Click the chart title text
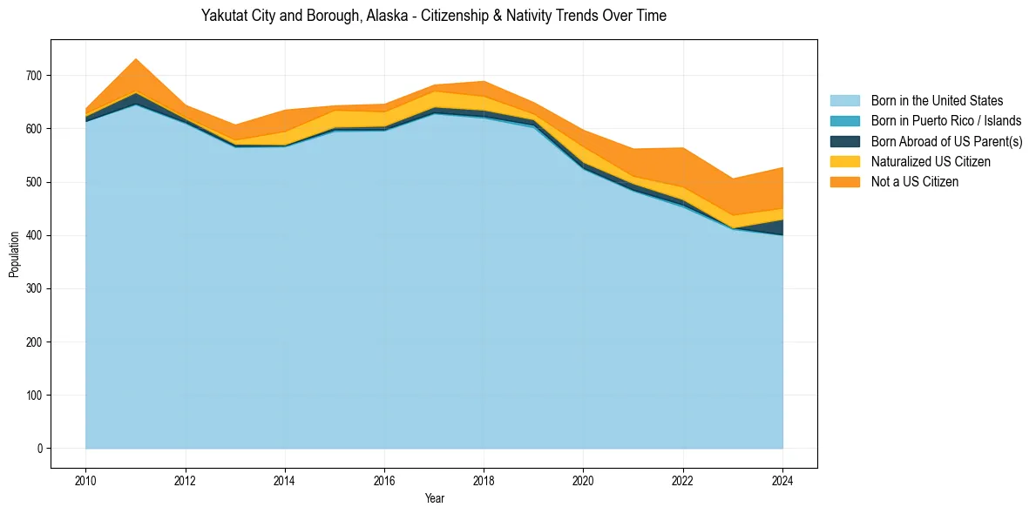click(x=433, y=16)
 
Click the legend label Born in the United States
click(x=937, y=101)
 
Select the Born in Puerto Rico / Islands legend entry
click(x=945, y=121)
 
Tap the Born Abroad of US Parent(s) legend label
click(x=946, y=141)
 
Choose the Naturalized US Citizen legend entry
click(x=931, y=161)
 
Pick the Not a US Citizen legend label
click(x=915, y=181)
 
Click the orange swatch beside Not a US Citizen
click(x=844, y=181)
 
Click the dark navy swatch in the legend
click(x=844, y=141)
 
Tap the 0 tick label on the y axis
click(x=40, y=449)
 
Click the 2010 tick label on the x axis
click(x=85, y=480)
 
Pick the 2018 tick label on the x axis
click(x=484, y=480)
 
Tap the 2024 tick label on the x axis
click(x=782, y=480)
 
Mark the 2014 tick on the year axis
click(x=285, y=480)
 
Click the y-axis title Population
click(x=14, y=254)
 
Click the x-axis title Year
click(x=434, y=498)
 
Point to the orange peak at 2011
click(x=136, y=59)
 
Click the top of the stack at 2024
click(x=782, y=168)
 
